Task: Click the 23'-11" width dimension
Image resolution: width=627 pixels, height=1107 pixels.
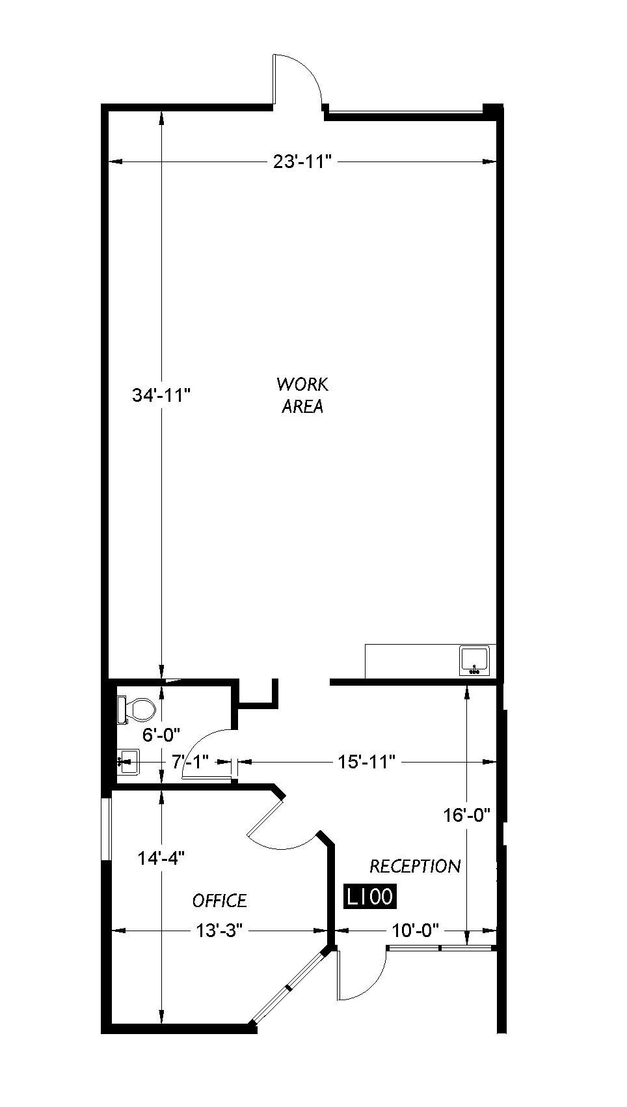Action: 302,161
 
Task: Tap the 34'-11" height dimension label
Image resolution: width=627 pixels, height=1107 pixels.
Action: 161,395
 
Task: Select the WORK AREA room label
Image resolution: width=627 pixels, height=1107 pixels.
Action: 302,395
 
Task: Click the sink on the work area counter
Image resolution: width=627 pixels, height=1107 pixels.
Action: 474,660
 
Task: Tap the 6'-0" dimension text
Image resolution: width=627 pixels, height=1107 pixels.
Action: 161,735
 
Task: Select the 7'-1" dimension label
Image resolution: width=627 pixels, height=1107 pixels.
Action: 190,761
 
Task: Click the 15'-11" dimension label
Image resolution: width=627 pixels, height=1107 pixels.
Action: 366,761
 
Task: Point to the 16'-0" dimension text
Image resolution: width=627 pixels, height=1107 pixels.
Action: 466,814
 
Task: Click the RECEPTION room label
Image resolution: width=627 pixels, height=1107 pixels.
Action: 415,866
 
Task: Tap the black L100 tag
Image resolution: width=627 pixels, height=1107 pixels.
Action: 369,897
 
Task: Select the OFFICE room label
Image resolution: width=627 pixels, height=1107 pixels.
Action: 220,901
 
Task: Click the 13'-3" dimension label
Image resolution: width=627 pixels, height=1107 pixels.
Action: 219,931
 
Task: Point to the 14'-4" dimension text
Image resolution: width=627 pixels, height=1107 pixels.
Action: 161,858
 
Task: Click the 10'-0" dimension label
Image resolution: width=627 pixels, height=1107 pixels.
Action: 416,931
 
